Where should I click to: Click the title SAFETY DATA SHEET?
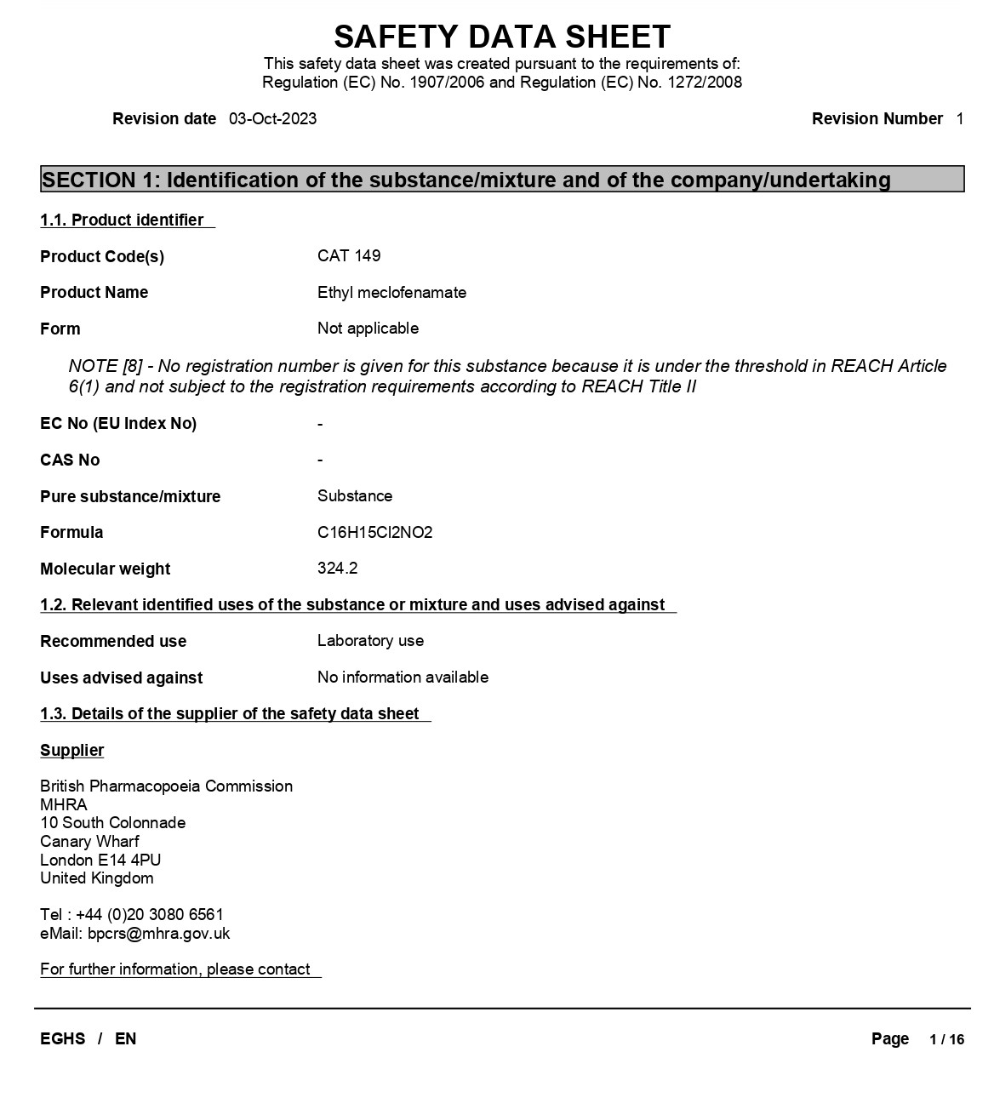tap(502, 37)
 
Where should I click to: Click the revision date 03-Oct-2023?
tap(272, 119)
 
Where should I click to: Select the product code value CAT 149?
tap(349, 256)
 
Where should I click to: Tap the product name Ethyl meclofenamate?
tap(391, 293)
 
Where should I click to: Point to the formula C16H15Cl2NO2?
tap(374, 533)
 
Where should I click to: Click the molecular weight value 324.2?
tap(337, 569)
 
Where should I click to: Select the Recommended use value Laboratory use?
tap(370, 641)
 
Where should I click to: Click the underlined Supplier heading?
tap(72, 751)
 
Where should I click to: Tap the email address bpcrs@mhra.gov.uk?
tap(158, 934)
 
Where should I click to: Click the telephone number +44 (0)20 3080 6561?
tap(150, 915)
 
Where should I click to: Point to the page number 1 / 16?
tap(946, 1039)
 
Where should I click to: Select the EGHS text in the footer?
tap(63, 1039)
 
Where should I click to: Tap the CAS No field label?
tap(70, 460)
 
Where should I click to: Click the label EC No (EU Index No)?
tap(118, 424)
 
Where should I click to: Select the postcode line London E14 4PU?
tap(100, 861)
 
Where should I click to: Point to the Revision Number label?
tap(877, 119)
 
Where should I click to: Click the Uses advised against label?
tap(121, 678)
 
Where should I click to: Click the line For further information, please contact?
tap(175, 969)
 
